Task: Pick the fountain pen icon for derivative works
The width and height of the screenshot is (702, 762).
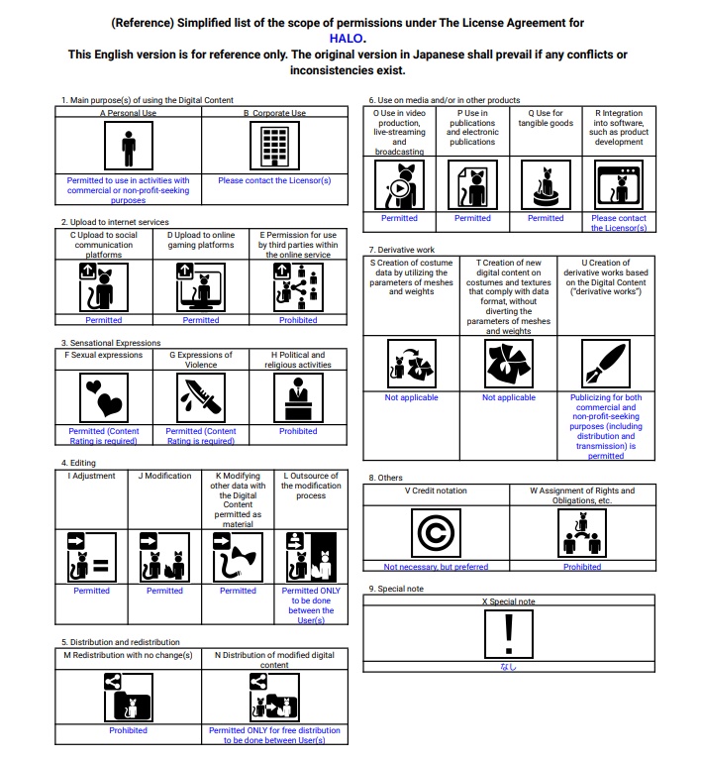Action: tap(606, 365)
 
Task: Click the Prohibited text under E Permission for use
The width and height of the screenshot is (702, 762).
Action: tap(298, 320)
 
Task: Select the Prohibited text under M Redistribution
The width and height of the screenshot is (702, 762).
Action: tap(128, 730)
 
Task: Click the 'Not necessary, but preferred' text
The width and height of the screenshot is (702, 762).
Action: tap(436, 567)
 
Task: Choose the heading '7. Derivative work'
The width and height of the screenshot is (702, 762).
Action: tap(401, 250)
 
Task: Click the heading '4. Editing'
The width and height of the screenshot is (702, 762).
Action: tap(78, 463)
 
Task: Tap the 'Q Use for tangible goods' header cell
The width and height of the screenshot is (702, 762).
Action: tap(546, 119)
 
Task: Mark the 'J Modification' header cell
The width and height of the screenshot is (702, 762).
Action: tap(164, 476)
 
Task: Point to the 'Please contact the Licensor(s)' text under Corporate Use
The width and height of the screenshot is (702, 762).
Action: tap(274, 180)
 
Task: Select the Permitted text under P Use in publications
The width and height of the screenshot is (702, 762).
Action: tap(472, 218)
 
